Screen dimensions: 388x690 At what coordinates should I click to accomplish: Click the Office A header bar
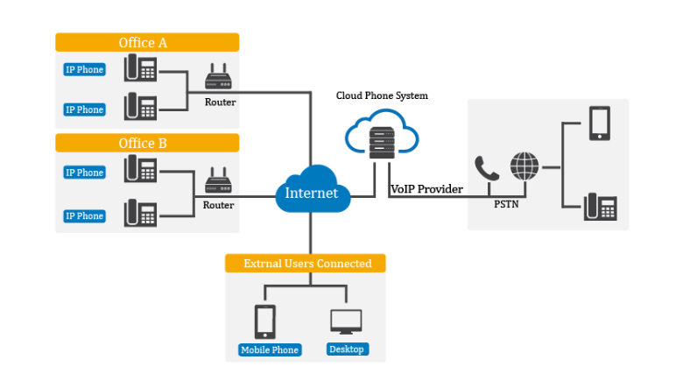point(147,42)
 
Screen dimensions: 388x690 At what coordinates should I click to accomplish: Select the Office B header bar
point(147,143)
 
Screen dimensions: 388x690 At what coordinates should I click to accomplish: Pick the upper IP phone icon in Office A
point(140,68)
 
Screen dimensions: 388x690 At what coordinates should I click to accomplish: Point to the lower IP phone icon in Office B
point(140,214)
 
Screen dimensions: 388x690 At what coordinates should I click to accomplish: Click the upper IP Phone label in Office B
point(84,173)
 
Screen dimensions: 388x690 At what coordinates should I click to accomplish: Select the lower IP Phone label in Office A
point(84,109)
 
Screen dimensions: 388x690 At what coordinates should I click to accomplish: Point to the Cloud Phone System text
point(382,95)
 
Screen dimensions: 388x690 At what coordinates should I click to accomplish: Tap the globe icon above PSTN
point(525,166)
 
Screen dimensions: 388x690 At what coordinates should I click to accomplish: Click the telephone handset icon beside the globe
point(486,167)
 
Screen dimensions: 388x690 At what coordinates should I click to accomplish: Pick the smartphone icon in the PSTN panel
point(600,123)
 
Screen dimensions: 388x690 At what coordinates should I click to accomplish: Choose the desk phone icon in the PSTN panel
point(601,208)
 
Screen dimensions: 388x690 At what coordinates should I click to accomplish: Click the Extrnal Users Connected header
point(306,264)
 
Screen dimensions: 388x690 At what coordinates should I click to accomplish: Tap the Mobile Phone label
point(270,350)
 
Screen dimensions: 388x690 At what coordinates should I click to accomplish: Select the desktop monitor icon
point(346,321)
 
